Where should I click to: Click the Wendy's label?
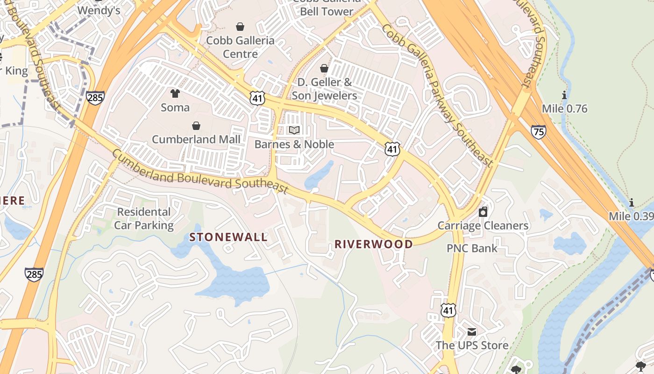pyautogui.click(x=99, y=10)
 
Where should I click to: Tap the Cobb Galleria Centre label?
pyautogui.click(x=240, y=47)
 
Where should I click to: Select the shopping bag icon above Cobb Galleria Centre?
pyautogui.click(x=240, y=27)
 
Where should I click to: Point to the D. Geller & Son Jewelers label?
pyautogui.click(x=324, y=89)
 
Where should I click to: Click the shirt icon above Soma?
pyautogui.click(x=175, y=93)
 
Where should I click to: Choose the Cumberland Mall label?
pyautogui.click(x=196, y=139)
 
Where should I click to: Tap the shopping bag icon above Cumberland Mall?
pyautogui.click(x=196, y=126)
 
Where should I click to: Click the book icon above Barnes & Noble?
pyautogui.click(x=294, y=130)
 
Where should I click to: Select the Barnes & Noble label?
pyautogui.click(x=294, y=144)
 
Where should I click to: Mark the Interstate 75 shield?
pyautogui.click(x=538, y=132)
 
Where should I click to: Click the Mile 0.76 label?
pyautogui.click(x=564, y=109)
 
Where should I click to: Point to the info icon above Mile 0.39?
pyautogui.click(x=632, y=202)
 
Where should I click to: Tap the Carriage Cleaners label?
pyautogui.click(x=483, y=226)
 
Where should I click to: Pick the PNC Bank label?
pyautogui.click(x=472, y=248)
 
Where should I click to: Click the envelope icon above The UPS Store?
pyautogui.click(x=472, y=332)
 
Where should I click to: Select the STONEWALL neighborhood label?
pyautogui.click(x=228, y=237)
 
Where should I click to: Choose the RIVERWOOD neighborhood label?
pyautogui.click(x=374, y=244)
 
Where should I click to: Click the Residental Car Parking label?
pyautogui.click(x=144, y=218)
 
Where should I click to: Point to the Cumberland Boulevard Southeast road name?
pyautogui.click(x=199, y=172)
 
